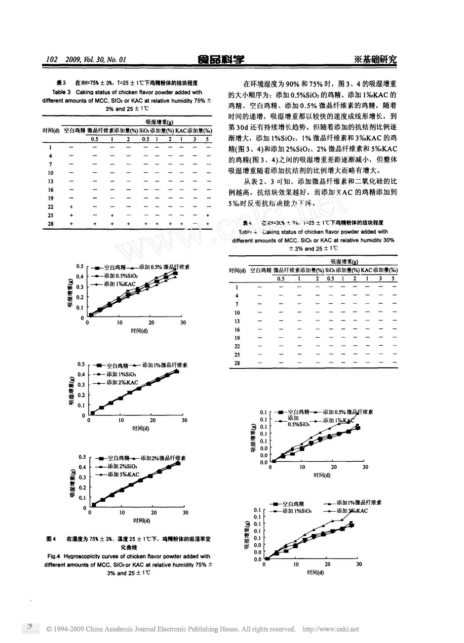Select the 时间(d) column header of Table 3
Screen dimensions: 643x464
coord(51,130)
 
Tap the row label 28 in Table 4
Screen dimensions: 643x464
coord(237,363)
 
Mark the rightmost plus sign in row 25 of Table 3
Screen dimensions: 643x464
coord(207,215)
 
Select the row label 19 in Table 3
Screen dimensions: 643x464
coord(51,198)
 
